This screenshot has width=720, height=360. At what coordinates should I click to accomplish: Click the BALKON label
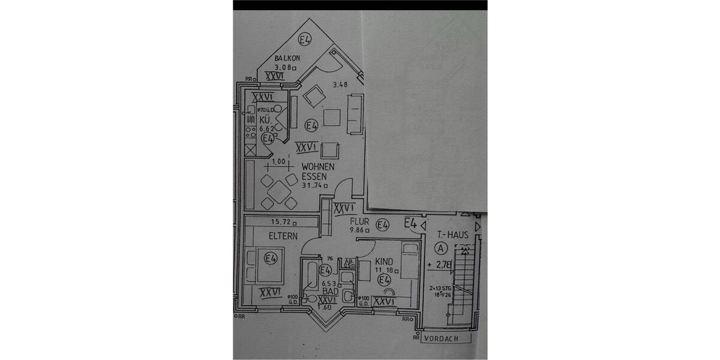[x=287, y=58]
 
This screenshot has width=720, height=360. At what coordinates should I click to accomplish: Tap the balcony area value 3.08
[x=285, y=68]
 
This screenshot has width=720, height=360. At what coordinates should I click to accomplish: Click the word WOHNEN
[x=318, y=167]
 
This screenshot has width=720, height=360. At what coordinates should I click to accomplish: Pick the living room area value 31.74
[x=317, y=185]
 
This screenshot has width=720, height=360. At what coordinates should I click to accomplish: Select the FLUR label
[x=361, y=220]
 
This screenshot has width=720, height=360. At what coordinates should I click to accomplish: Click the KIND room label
[x=383, y=262]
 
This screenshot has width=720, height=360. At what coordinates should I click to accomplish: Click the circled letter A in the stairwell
[x=442, y=247]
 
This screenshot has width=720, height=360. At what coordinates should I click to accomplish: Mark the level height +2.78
[x=442, y=265]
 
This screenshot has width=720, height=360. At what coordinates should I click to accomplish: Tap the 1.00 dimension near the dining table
[x=278, y=161]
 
